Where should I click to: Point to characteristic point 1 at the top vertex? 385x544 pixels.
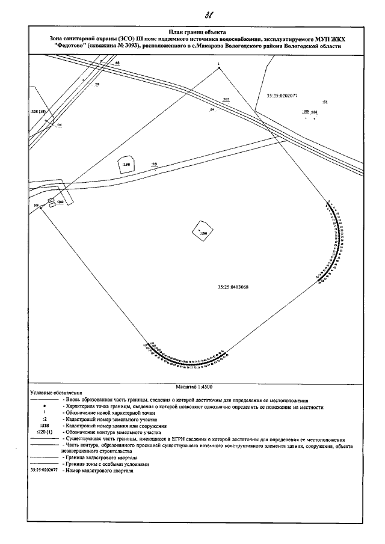tap(219, 67)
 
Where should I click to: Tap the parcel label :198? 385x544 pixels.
tap(126, 164)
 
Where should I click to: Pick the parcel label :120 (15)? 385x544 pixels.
tap(38, 112)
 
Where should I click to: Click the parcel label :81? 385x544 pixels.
tap(324, 103)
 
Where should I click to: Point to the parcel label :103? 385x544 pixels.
tap(226, 99)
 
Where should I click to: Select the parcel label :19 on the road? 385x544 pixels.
tap(154, 164)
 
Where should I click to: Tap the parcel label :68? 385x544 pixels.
tap(117, 63)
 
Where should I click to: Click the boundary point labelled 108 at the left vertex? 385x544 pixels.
tap(37, 206)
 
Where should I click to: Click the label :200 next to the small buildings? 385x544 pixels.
tap(60, 203)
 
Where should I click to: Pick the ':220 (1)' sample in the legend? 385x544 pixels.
tap(45, 432)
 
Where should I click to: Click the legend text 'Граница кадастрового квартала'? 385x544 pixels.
tap(94, 458)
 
